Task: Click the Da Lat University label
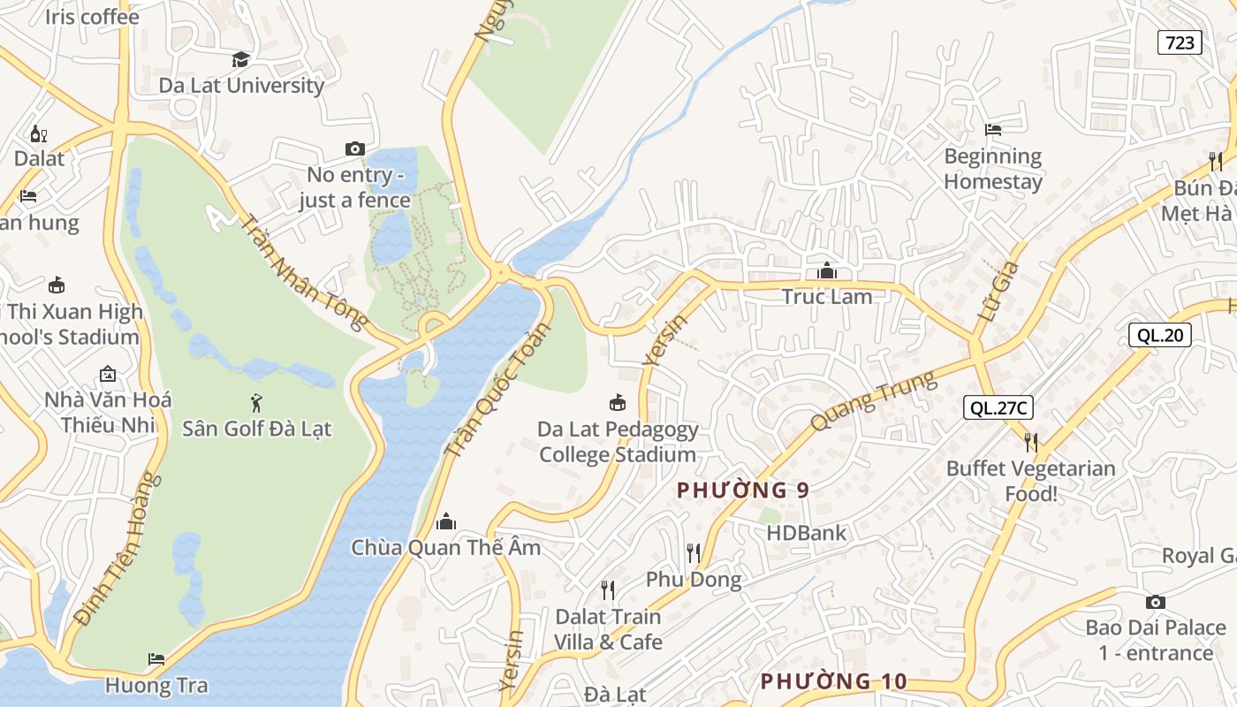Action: tap(241, 86)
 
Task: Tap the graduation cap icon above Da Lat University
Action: tap(240, 59)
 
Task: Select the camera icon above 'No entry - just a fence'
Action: tap(354, 148)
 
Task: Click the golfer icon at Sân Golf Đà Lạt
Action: tap(256, 403)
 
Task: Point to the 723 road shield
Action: tap(1180, 42)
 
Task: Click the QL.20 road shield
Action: tap(1159, 335)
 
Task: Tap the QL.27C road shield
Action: tap(998, 407)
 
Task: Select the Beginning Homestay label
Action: tap(993, 169)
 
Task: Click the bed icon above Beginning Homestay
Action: tap(993, 130)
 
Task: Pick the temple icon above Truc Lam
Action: tap(827, 270)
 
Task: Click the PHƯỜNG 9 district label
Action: tap(742, 490)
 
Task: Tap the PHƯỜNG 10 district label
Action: tap(833, 681)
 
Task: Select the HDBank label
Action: tap(806, 533)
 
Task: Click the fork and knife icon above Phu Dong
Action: tap(694, 553)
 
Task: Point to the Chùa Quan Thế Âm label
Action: tap(445, 547)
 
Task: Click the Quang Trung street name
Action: tap(872, 402)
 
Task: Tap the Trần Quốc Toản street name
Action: tap(497, 390)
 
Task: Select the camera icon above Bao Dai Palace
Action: tap(1155, 602)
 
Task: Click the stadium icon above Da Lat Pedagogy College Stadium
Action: tap(618, 403)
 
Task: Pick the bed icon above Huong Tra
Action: tap(156, 659)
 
